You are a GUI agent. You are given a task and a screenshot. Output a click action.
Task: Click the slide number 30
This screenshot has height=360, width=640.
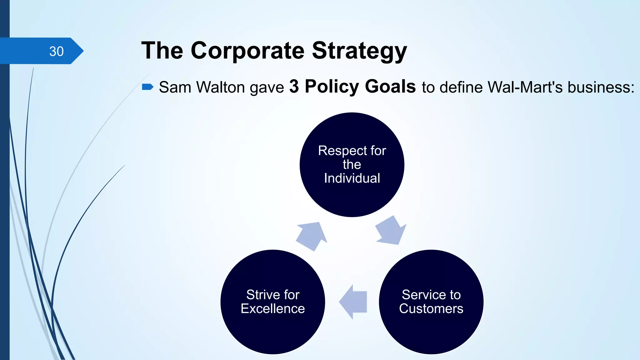coord(57,51)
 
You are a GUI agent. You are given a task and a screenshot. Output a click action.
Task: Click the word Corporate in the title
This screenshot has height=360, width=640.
coord(247,51)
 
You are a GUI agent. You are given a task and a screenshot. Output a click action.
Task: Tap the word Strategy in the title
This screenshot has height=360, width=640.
coord(359,51)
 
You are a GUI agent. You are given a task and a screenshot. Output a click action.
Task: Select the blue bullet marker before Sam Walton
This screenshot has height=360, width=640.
coord(147,87)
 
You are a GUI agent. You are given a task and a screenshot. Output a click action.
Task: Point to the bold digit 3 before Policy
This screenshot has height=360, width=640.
coord(294,87)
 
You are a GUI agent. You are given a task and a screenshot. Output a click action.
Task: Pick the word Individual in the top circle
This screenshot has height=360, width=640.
coord(352,178)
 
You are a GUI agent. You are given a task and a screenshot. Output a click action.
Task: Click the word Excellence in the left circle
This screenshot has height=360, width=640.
coord(272,309)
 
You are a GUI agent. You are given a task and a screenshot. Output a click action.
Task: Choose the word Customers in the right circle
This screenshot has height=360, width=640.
coord(431,309)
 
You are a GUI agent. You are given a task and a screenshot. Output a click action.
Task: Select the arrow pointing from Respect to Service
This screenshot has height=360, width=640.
coord(391,231)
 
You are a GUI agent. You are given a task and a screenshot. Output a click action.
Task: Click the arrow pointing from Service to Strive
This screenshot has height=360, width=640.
coord(354,302)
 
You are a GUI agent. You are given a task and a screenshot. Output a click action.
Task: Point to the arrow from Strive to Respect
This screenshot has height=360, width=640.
coord(311,236)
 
